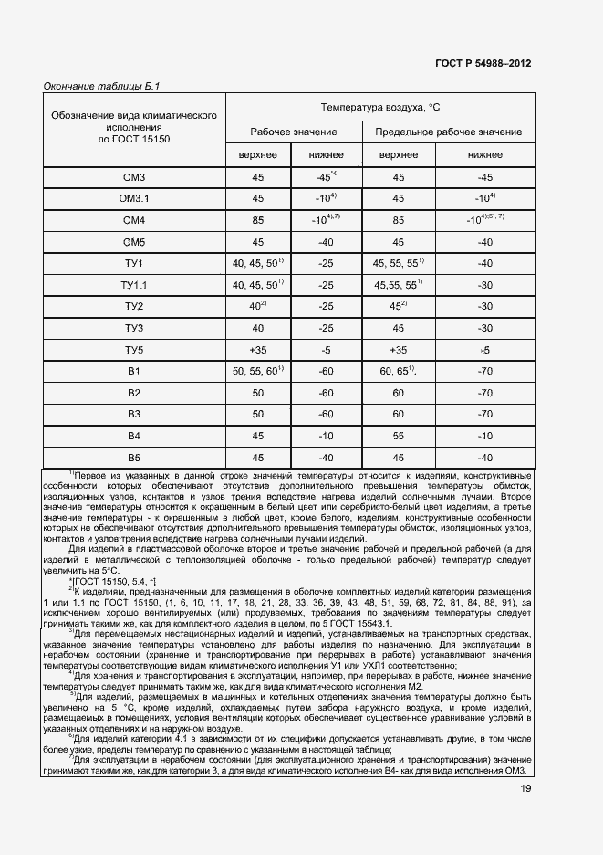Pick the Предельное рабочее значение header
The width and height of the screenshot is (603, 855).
448,132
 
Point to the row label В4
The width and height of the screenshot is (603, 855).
134,437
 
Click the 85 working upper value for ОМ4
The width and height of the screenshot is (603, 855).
258,220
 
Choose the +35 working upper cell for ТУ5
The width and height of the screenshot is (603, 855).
258,350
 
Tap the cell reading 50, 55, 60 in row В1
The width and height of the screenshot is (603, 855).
259,371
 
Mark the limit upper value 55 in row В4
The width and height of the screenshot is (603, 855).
399,437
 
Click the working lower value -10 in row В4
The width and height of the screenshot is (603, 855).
326,437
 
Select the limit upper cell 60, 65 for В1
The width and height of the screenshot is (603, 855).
399,371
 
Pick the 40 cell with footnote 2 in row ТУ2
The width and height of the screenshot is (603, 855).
258,306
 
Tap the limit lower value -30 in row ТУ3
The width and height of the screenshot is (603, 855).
485,328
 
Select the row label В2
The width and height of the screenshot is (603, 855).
134,393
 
